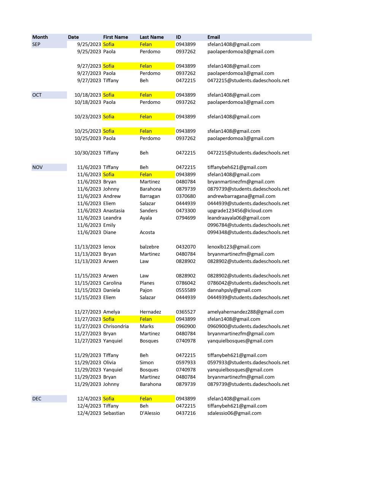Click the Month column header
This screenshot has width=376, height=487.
click(40, 37)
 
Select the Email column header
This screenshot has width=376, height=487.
click(214, 37)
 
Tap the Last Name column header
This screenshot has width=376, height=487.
click(151, 37)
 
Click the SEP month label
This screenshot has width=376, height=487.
click(36, 45)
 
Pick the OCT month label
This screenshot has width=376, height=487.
click(37, 95)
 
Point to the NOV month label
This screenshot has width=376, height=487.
click(37, 167)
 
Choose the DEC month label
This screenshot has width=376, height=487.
click(37, 399)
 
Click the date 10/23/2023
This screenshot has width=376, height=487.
click(88, 117)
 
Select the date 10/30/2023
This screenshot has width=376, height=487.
click(88, 153)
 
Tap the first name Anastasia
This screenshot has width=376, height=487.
click(114, 211)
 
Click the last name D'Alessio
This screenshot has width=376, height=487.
click(150, 413)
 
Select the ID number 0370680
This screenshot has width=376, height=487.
click(186, 196)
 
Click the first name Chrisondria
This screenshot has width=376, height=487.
click(116, 326)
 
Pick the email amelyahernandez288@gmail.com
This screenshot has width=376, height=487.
click(246, 312)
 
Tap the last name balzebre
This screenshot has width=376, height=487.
click(149, 247)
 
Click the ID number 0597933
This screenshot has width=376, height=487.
click(186, 363)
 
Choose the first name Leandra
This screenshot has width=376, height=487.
click(112, 218)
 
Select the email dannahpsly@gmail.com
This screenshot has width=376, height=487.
click(234, 290)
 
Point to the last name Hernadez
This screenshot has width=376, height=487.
click(150, 312)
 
